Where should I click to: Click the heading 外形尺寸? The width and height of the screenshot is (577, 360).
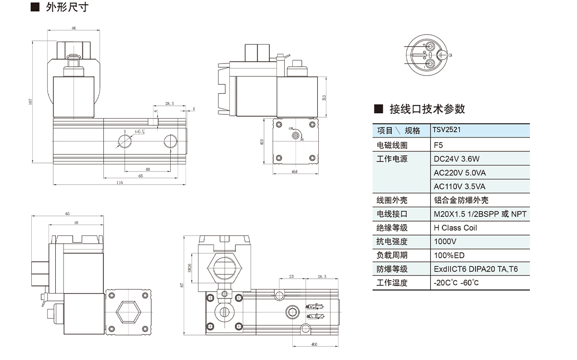click(x=67, y=7)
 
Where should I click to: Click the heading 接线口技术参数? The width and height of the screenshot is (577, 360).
click(x=427, y=109)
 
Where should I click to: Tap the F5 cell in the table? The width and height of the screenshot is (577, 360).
click(x=438, y=145)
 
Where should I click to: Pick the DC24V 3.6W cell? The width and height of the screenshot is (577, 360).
click(x=456, y=159)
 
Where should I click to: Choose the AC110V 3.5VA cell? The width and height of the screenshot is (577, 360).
click(x=459, y=186)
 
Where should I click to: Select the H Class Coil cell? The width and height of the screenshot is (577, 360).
click(x=455, y=228)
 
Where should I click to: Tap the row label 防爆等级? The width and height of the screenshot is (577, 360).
click(x=392, y=269)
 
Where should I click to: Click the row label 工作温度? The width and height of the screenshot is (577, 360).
click(x=392, y=283)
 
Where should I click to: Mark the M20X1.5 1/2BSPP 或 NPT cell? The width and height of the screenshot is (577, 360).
click(x=480, y=214)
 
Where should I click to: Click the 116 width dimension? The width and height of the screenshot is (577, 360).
click(x=120, y=183)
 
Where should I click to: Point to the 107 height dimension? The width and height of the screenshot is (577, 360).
click(x=30, y=102)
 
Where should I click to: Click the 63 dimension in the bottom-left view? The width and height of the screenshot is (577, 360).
click(x=67, y=213)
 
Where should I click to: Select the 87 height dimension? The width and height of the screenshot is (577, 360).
click(x=182, y=286)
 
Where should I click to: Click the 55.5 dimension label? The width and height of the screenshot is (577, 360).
click(x=325, y=98)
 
